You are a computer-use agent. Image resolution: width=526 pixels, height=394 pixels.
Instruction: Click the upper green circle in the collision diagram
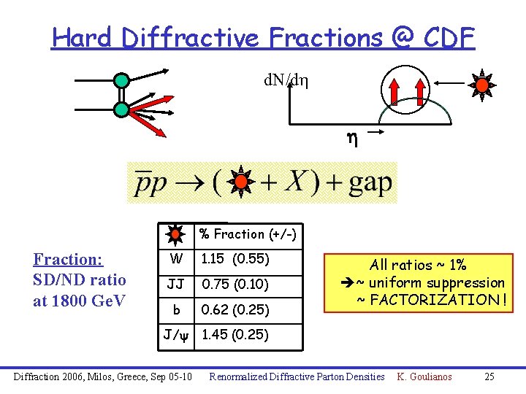tap(121, 80)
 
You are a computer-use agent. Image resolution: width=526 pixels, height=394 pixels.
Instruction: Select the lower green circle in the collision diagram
tap(121, 110)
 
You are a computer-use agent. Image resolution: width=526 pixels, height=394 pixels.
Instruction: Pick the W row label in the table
tap(176, 259)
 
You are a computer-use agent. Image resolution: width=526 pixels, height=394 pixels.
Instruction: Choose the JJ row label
tap(176, 285)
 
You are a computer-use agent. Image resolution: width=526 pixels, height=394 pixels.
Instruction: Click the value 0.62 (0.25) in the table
tap(235, 310)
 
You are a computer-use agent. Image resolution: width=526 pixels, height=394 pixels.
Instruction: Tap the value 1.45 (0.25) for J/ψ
tap(235, 335)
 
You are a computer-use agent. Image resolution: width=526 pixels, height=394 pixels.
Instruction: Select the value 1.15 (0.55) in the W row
tap(235, 259)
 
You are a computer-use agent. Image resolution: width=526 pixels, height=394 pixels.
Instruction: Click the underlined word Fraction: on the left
tap(68, 260)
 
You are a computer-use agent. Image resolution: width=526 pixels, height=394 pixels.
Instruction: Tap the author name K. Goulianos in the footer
tap(424, 376)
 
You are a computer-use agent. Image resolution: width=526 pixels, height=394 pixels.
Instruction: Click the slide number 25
tap(489, 376)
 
